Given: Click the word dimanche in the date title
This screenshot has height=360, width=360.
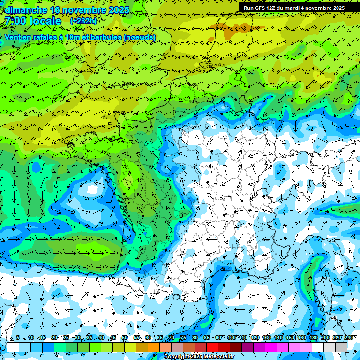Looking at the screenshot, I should click(23, 9).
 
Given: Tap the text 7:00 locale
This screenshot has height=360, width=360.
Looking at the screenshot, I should click(33, 21).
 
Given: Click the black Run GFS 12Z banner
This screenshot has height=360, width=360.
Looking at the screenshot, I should click(294, 8).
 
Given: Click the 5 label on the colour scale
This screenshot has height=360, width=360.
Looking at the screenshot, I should click(18, 337).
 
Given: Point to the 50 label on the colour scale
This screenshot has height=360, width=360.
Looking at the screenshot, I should click(124, 337).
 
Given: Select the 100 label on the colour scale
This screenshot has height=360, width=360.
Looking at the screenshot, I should click(232, 337).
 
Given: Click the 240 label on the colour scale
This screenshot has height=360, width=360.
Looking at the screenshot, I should click(349, 337).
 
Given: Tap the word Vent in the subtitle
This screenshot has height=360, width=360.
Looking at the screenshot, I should click(14, 37).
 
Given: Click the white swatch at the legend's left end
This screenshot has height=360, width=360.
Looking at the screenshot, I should click(13, 347).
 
